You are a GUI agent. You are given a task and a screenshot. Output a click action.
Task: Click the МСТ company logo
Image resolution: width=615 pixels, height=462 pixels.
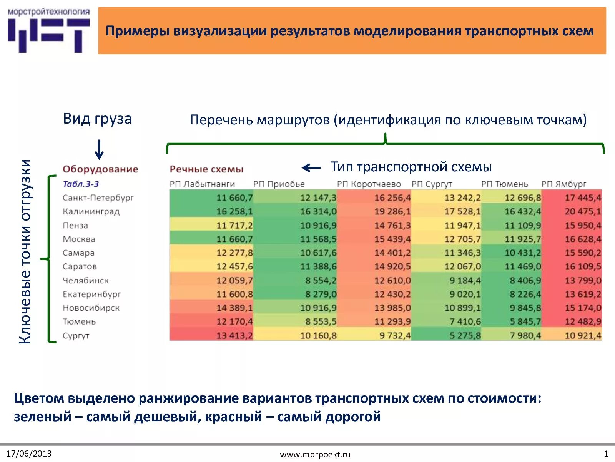[48, 31]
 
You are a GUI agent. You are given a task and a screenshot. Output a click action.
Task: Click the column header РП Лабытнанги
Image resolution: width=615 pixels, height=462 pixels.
[202, 184]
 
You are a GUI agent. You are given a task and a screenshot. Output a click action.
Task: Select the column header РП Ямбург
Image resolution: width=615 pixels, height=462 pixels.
[564, 184]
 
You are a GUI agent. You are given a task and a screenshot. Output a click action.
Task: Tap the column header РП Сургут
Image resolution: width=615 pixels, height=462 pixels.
[432, 184]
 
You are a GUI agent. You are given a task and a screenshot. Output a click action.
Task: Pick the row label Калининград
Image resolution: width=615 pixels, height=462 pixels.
[91, 211]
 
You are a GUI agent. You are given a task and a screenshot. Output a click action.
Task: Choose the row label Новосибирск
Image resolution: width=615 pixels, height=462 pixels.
[91, 308]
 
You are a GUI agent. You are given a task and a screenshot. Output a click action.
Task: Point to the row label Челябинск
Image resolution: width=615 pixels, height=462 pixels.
[86, 280]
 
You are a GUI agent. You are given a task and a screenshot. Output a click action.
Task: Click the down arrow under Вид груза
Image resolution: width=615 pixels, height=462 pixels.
[99, 150]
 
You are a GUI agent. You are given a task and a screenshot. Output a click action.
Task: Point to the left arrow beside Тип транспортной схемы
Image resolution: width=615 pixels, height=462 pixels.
[311, 167]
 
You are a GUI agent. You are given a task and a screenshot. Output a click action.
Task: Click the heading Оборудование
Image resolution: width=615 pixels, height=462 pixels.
[100, 169]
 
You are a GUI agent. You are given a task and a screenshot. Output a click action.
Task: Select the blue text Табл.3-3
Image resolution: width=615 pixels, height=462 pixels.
[81, 184]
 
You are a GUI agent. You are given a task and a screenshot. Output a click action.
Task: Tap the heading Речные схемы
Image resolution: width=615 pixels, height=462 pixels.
[206, 169]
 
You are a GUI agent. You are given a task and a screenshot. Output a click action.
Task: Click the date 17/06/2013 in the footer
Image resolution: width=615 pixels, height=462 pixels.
[29, 454]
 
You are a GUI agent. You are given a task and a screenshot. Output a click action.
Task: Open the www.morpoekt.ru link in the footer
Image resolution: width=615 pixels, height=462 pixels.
[315, 454]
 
